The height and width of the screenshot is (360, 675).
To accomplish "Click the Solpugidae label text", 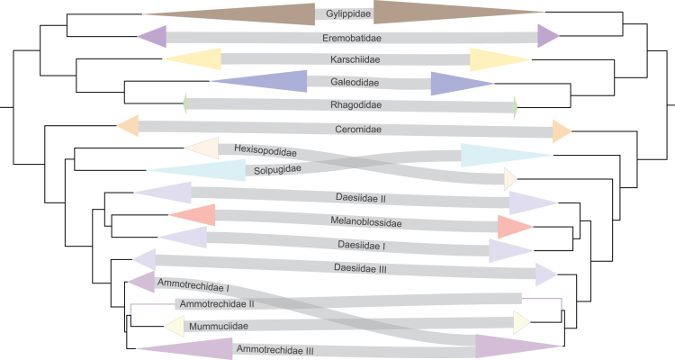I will click(274, 168).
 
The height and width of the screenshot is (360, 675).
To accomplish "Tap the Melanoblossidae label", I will click(344, 220).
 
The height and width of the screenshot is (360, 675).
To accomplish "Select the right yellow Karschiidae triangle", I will click(490, 59).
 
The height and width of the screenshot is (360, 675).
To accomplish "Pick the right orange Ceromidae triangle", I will click(560, 131).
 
